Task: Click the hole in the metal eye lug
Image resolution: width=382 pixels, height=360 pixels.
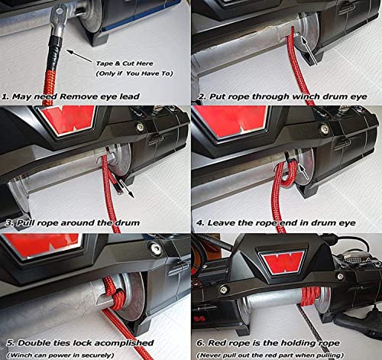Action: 60,11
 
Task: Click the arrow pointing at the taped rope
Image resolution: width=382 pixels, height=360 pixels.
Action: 79,56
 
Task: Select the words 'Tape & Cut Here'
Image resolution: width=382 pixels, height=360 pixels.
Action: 125,63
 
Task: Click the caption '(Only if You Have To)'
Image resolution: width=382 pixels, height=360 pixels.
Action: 134,73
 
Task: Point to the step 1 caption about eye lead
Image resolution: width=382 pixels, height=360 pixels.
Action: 70,97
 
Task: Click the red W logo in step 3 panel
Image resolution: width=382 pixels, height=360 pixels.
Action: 67,120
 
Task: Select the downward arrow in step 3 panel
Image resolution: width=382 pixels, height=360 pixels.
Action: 127,189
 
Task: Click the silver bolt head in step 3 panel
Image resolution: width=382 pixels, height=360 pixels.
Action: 140,127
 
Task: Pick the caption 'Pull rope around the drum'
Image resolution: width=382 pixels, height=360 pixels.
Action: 73,223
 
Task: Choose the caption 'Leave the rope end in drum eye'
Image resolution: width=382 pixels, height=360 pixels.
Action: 276,223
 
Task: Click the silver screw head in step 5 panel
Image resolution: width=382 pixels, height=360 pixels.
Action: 155,248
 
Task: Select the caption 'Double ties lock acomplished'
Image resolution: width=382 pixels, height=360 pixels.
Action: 80,343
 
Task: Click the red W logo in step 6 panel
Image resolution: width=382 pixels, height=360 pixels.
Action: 283,262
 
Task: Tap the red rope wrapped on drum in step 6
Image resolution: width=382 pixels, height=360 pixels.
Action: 310,296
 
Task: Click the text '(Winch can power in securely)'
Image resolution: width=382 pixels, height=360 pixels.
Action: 60,355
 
